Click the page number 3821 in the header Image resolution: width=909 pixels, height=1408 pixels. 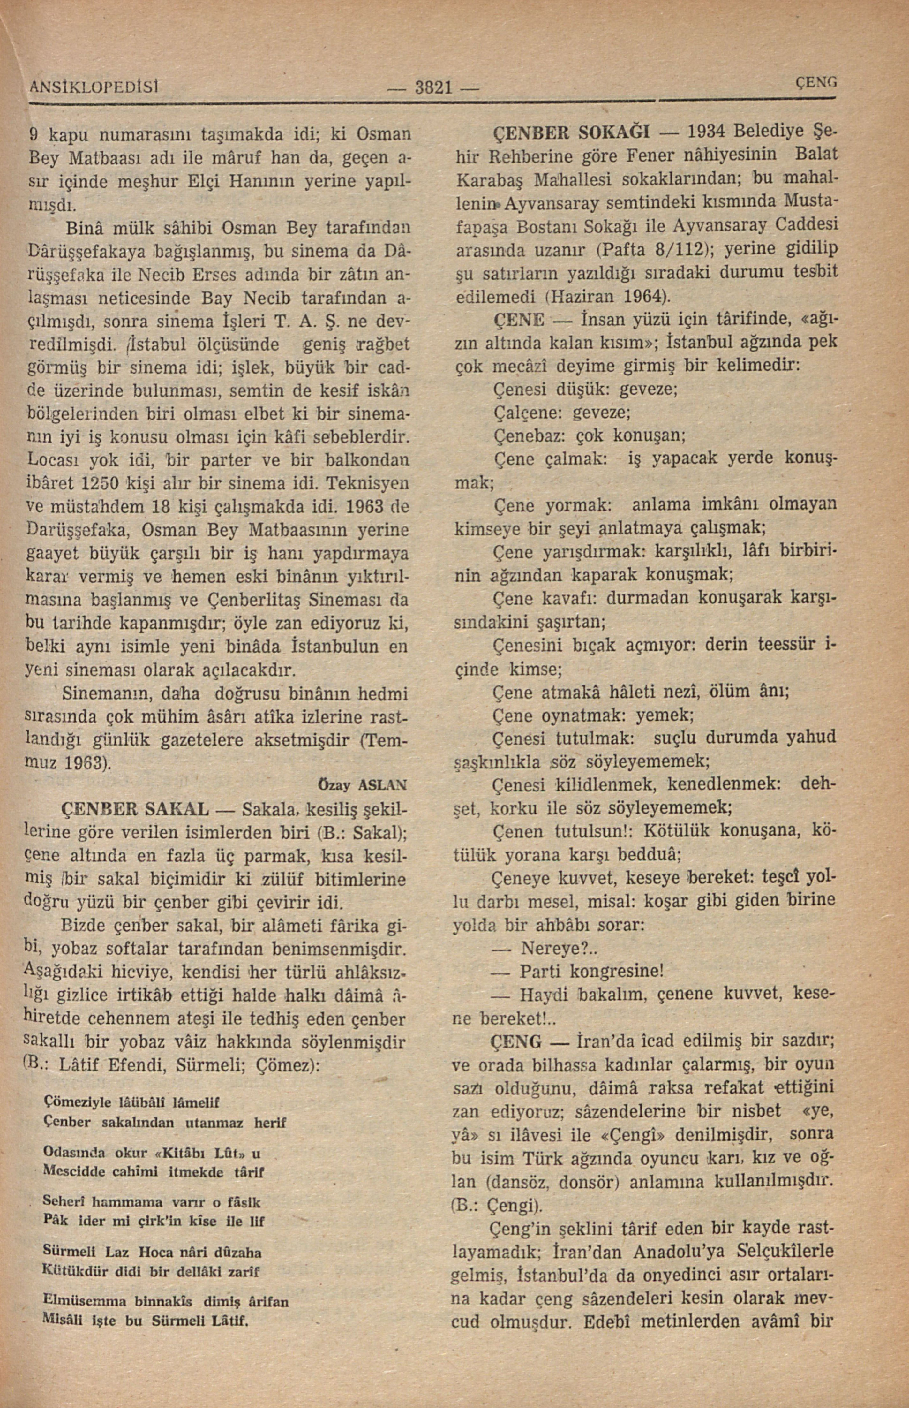pyautogui.click(x=433, y=88)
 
